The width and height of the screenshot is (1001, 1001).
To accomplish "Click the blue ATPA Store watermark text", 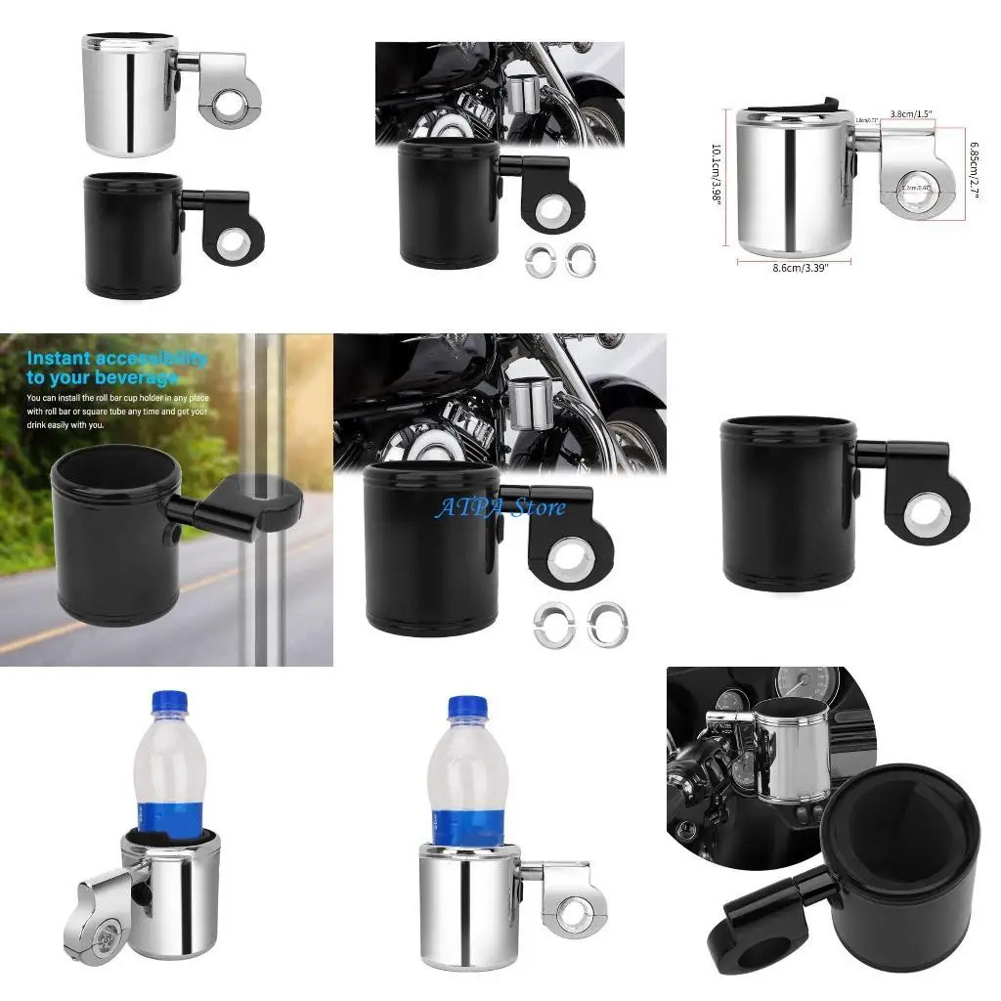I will tap(500, 507).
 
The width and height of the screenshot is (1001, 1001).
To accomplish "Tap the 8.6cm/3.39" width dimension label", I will tap(793, 268).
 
